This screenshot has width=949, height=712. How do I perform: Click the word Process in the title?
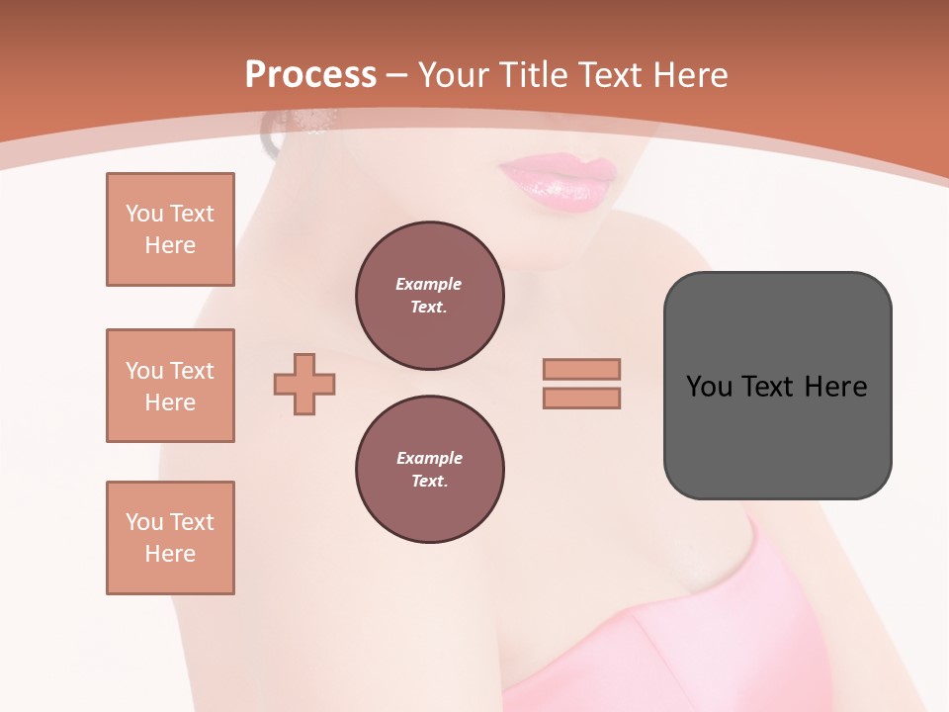[x=310, y=75]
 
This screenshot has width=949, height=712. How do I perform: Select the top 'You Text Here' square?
[x=170, y=229]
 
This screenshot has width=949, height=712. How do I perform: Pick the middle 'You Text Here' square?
[x=170, y=386]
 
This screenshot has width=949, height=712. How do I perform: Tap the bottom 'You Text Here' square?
[x=170, y=538]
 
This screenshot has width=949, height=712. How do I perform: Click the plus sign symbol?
[x=304, y=383]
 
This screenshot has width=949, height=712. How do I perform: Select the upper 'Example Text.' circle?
[x=430, y=296]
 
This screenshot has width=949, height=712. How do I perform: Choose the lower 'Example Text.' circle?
[x=430, y=470]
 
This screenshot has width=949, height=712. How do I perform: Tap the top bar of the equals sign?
[x=582, y=369]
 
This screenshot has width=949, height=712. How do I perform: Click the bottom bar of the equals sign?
[x=582, y=398]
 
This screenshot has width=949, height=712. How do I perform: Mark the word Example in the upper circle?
[x=428, y=284]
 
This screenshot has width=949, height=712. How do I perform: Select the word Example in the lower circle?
[x=429, y=458]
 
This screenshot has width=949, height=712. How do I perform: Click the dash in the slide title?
[x=396, y=75]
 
